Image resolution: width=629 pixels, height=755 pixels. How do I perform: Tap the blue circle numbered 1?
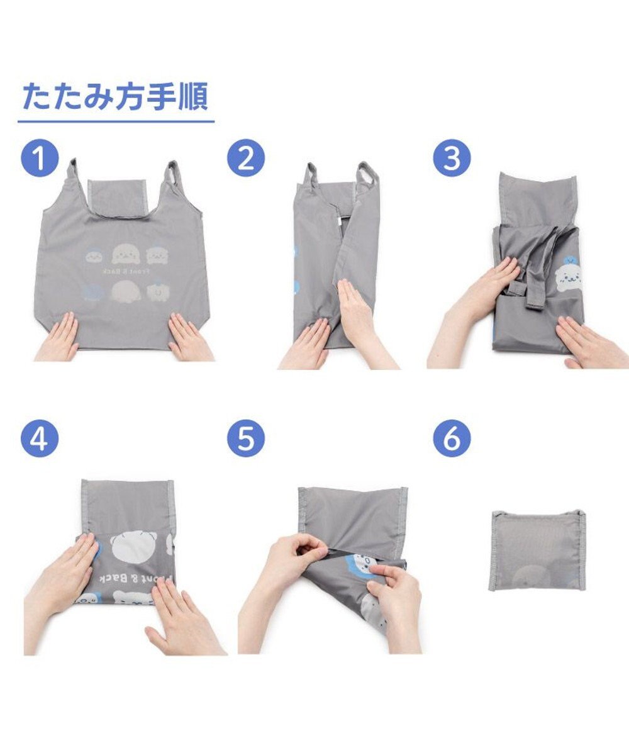click(x=40, y=159)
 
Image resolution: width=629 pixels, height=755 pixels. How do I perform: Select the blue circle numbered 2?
click(x=246, y=159)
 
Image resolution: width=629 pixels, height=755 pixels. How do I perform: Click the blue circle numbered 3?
click(x=452, y=159)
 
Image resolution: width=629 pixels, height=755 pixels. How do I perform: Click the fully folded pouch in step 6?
click(x=538, y=550)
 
